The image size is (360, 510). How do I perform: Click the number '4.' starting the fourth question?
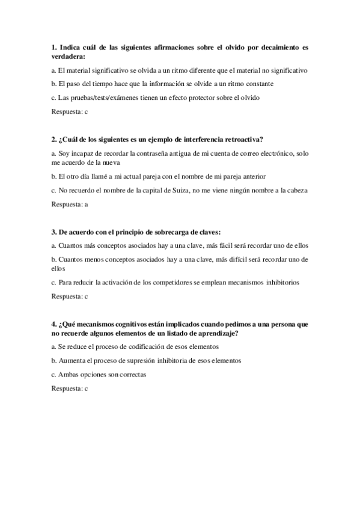click(x=54, y=324)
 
